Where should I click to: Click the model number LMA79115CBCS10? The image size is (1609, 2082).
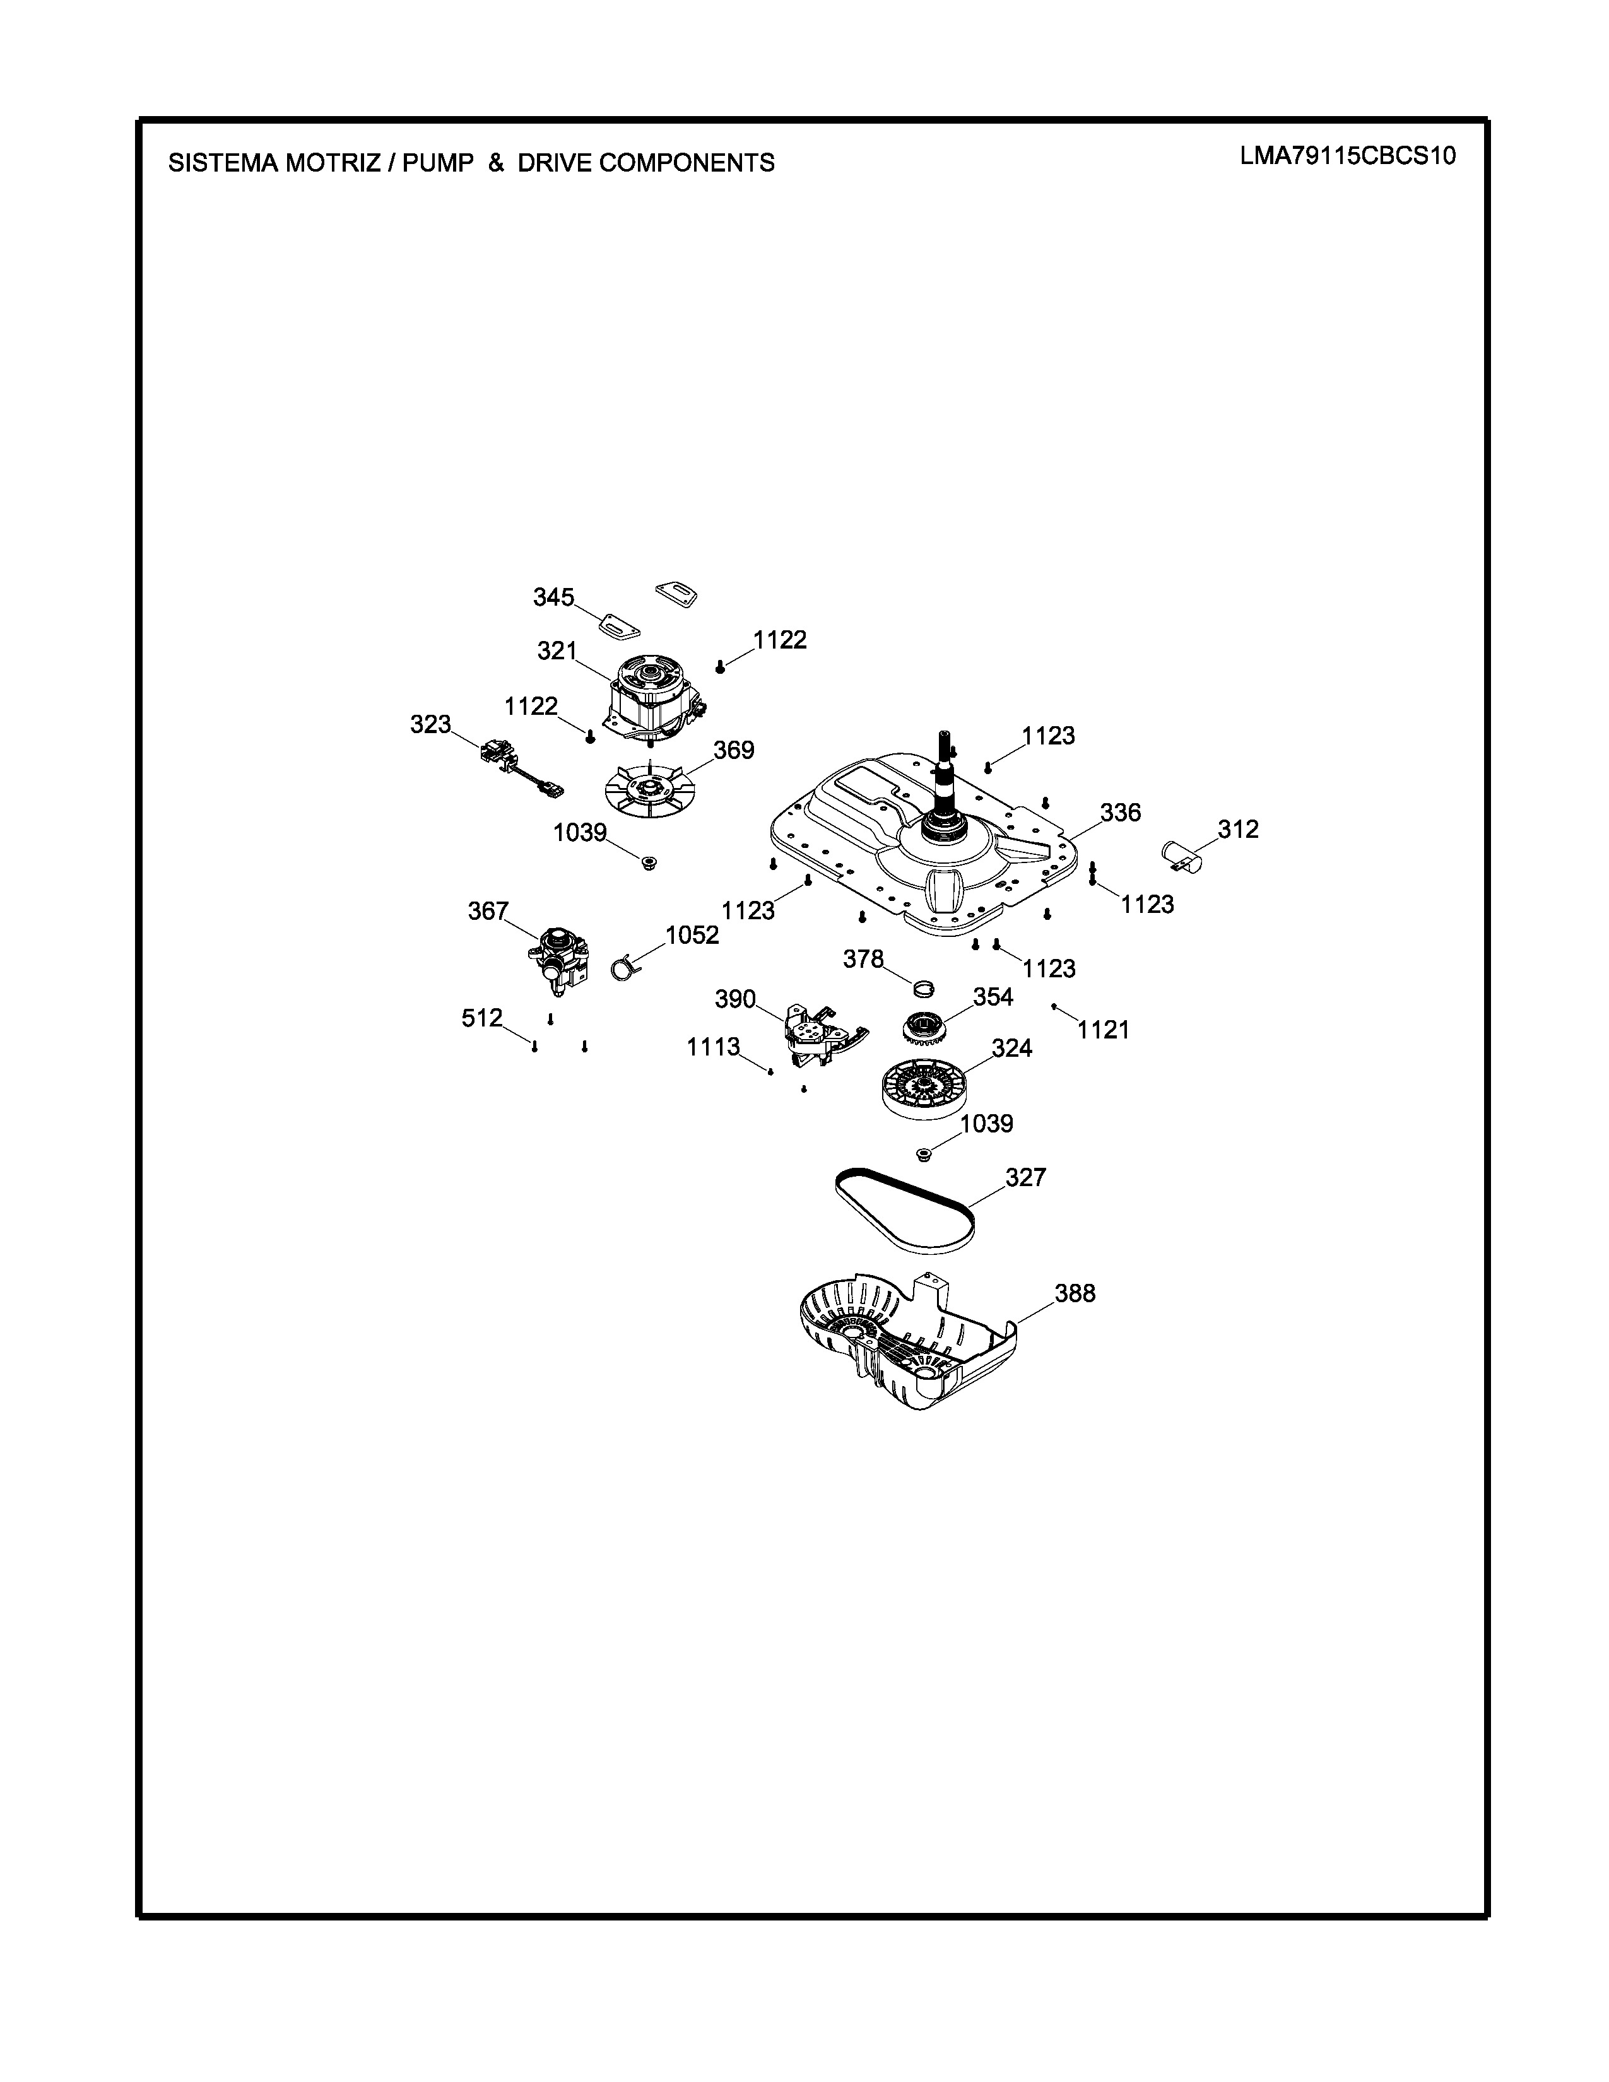[1347, 156]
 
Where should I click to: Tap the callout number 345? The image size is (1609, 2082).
[553, 597]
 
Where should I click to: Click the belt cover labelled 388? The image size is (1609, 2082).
[905, 1344]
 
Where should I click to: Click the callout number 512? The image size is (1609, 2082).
[481, 1018]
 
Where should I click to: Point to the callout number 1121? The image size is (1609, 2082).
[1103, 1030]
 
